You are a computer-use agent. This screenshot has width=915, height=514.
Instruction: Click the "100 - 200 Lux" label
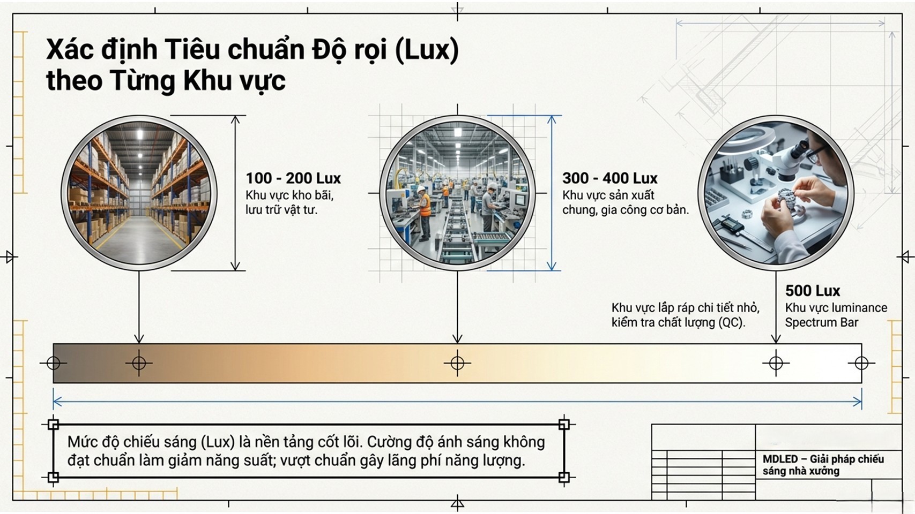click(293, 178)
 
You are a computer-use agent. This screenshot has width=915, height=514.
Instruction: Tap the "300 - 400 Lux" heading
click(609, 178)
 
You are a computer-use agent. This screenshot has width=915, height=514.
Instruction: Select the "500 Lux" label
click(812, 291)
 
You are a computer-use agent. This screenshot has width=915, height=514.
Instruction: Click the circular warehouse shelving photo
click(139, 193)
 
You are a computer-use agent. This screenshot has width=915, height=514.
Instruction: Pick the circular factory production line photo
click(457, 193)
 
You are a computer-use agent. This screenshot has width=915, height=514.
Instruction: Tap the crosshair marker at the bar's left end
click(54, 363)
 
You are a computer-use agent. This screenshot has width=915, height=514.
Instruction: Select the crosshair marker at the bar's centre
click(457, 363)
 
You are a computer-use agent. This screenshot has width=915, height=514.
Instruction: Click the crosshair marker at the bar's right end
click(861, 363)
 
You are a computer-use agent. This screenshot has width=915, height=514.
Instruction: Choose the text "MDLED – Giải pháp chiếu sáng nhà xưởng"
click(823, 465)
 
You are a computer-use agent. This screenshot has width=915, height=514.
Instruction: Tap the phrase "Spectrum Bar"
click(821, 322)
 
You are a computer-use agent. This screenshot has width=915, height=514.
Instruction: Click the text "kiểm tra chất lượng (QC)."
click(678, 322)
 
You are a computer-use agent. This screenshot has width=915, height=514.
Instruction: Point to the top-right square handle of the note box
click(564, 425)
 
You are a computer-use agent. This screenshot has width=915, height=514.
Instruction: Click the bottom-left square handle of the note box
click(53, 477)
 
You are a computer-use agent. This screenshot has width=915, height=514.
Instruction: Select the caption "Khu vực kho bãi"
click(289, 195)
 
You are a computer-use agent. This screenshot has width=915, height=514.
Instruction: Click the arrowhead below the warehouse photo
click(139, 338)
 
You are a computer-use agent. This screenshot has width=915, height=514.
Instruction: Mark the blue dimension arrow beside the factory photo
click(552, 193)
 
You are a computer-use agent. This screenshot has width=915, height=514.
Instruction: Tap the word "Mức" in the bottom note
click(79, 442)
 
